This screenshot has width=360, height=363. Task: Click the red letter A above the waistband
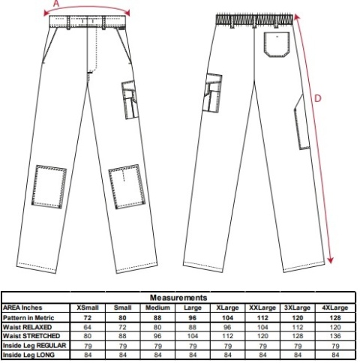(56, 4)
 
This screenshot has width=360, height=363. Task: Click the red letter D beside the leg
(317, 98)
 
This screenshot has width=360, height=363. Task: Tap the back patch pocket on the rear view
(277, 44)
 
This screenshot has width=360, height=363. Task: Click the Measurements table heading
(178, 298)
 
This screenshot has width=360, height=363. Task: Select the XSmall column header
(88, 307)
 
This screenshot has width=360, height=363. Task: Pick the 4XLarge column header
(335, 307)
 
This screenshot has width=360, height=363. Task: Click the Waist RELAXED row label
(27, 327)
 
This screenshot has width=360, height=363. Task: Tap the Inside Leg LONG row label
(28, 355)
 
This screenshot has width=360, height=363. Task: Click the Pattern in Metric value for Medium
(157, 318)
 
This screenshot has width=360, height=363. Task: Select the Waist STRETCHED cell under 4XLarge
(335, 336)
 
